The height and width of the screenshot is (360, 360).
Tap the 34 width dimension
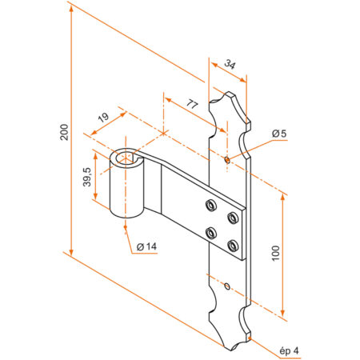pos(230,64)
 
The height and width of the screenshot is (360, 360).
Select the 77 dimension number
pos(192,104)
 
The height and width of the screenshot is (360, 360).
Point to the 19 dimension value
pos(103,120)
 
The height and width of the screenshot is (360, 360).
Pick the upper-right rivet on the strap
pos(233,216)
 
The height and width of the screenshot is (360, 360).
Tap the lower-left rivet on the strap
pos(211,233)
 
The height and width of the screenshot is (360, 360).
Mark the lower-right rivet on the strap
pos(233,244)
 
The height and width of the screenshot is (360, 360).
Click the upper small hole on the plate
pos(228,159)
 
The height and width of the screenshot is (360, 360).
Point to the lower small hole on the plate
pos(228,286)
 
